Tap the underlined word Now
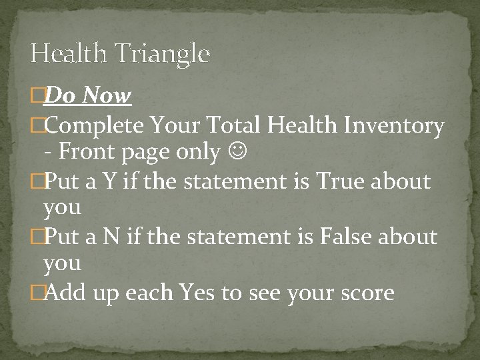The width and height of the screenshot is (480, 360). tap(107, 96)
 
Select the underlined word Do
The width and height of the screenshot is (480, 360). tap(61, 96)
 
